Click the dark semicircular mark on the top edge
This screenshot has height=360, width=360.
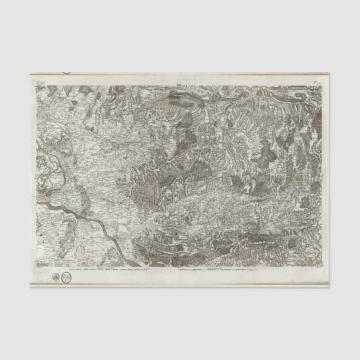click(67, 73)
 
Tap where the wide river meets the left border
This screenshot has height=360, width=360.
click(36, 200)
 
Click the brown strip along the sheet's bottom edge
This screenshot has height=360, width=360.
click(179, 286)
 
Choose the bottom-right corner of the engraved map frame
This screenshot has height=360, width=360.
click(323, 267)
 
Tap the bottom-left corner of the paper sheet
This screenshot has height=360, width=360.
click(30, 287)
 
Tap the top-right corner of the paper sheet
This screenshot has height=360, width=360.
click(329, 73)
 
